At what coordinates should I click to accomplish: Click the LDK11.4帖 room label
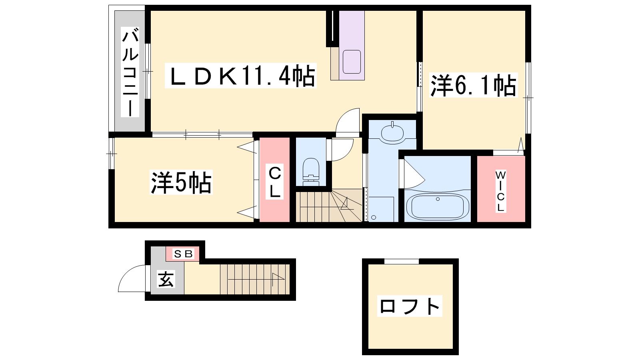tap(241, 76)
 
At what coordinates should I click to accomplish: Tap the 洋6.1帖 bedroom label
tap(474, 85)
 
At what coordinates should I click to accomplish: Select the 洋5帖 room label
tap(181, 182)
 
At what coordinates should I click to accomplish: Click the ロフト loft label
tap(410, 306)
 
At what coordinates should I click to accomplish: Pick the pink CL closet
tap(274, 180)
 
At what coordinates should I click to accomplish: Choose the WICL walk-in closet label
tap(500, 191)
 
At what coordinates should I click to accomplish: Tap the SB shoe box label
tap(183, 254)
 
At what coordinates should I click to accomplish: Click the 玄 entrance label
tap(166, 279)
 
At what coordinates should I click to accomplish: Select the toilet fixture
tap(311, 172)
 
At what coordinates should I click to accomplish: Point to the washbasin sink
tap(392, 133)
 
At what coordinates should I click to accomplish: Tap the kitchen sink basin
tap(352, 62)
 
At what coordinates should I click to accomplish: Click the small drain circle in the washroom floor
tap(374, 218)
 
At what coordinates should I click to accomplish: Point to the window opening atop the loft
tap(402, 261)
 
